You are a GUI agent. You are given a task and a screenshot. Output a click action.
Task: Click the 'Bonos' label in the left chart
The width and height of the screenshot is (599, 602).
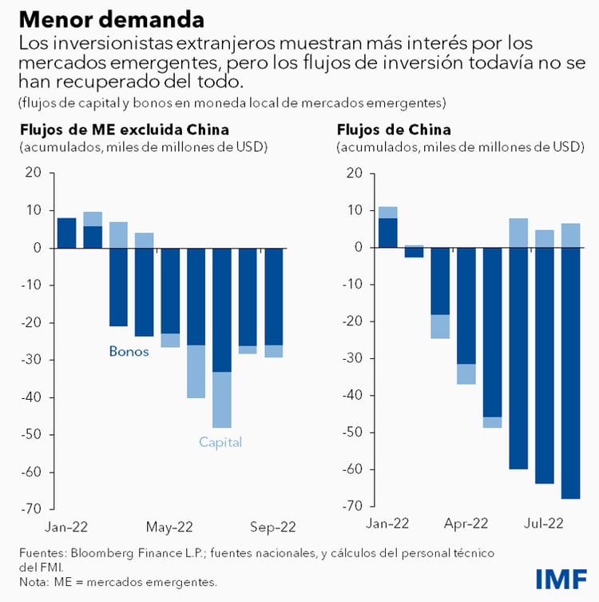tap(129, 351)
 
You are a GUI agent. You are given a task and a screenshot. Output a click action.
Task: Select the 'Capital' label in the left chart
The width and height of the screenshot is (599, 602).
tap(220, 442)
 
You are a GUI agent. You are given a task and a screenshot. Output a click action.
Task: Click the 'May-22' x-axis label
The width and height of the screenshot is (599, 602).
tap(171, 527)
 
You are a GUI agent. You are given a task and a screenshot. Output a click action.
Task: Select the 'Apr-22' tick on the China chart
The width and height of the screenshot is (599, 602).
tap(466, 524)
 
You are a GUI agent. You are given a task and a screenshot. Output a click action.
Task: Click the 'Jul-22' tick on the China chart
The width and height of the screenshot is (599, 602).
tap(545, 524)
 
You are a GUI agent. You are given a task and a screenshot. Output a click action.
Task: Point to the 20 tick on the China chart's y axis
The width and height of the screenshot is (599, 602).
tap(354, 173)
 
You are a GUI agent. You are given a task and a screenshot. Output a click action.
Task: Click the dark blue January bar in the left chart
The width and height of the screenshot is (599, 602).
tap(67, 233)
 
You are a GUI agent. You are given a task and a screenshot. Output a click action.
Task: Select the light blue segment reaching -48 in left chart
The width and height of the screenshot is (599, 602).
tap(222, 400)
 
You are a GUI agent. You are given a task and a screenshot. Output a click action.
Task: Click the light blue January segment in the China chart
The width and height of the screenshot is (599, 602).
tap(387, 212)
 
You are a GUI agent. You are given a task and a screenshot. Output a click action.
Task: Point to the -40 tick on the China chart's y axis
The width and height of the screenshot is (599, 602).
tap(350, 396)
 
